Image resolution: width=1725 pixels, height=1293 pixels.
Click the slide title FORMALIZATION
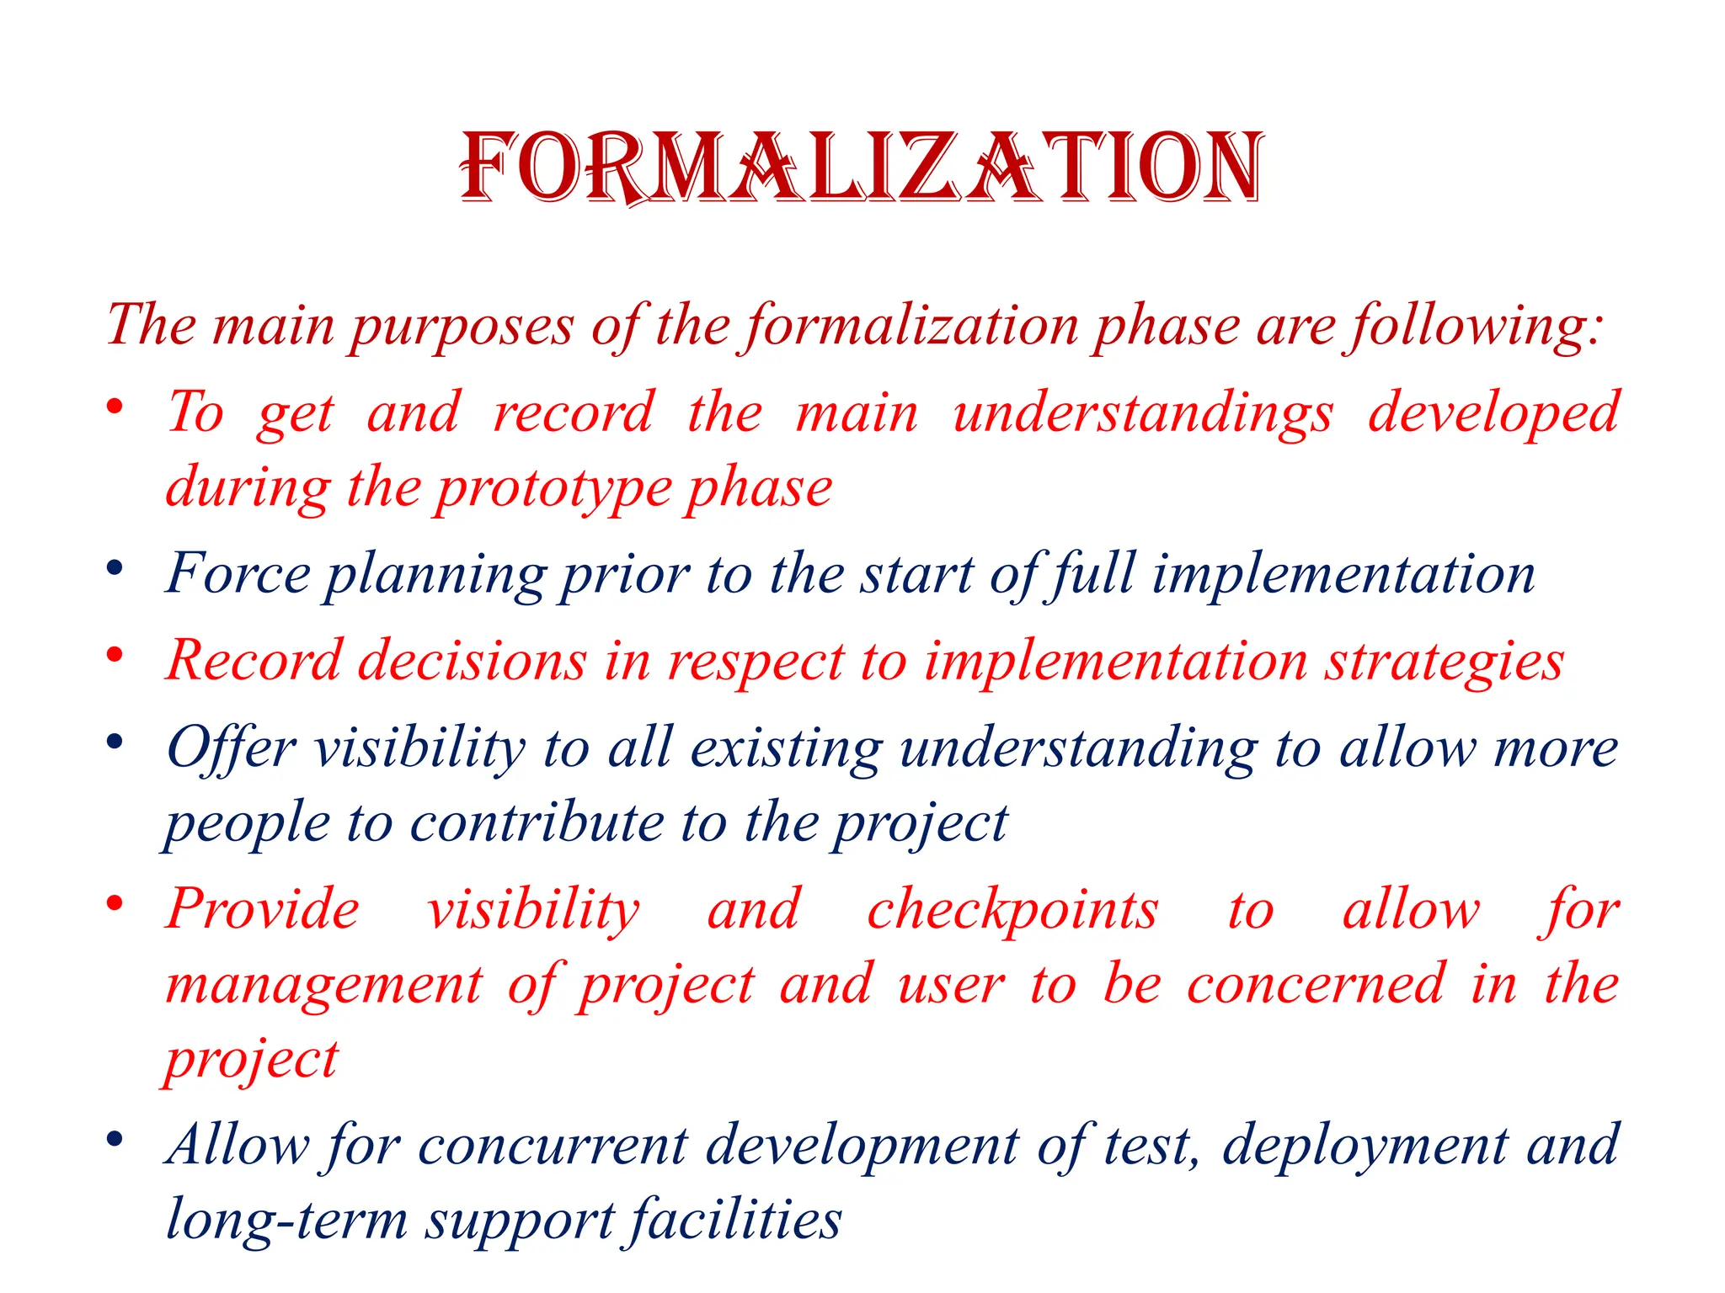[861, 168]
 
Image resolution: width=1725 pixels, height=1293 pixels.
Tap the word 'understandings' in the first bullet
[1143, 414]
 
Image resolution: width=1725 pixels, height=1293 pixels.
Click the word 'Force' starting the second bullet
[238, 575]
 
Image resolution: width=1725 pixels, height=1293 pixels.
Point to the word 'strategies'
[1445, 662]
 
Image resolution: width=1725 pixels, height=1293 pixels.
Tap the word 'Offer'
[231, 748]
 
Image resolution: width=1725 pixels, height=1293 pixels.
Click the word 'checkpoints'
[1012, 911]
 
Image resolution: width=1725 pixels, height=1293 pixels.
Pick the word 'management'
[324, 985]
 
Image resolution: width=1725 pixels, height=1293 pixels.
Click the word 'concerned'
[1316, 985]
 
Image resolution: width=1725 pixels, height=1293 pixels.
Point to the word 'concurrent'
[553, 1147]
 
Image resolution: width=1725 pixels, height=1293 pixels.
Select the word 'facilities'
[735, 1221]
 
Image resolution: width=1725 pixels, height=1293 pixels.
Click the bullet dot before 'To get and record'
[115, 407]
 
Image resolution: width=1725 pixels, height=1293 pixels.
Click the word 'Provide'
[263, 911]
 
